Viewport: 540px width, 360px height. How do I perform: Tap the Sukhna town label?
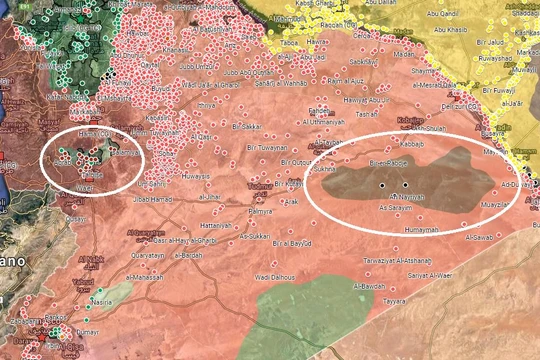[x=322, y=171]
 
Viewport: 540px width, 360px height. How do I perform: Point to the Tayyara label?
[x=396, y=300]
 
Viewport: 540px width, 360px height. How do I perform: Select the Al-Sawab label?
[x=478, y=236]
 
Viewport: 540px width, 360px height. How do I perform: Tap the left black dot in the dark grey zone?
[x=381, y=186]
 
